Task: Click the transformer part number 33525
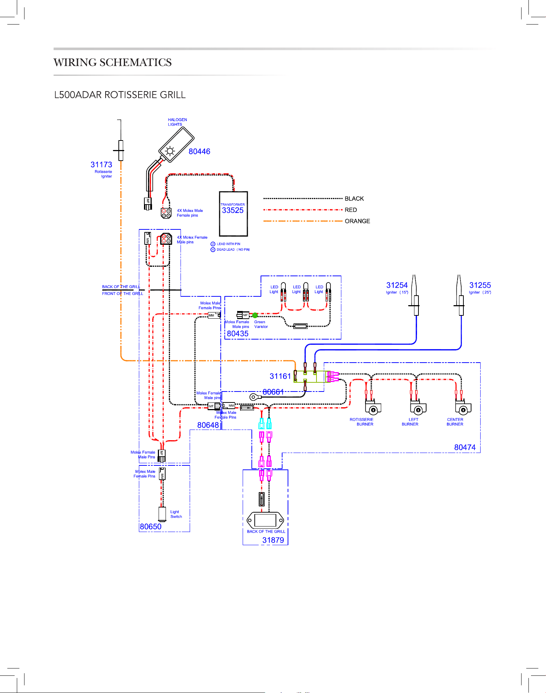[x=232, y=210]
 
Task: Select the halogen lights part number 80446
[x=199, y=151]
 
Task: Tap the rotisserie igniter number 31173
[x=101, y=165]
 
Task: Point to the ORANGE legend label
[x=357, y=221]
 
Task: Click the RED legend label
[x=351, y=210]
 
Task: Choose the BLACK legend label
[x=354, y=199]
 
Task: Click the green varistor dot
[x=255, y=315]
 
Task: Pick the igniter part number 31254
[x=397, y=285]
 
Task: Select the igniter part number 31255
[x=480, y=285]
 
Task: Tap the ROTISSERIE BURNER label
[x=361, y=422]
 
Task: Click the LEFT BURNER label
[x=410, y=422]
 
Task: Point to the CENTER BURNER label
[x=455, y=422]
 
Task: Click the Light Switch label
[x=176, y=514]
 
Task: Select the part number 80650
[x=151, y=527]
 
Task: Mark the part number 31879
[x=273, y=540]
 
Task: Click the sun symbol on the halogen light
[x=170, y=151]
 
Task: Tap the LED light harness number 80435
[x=238, y=334]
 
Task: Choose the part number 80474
[x=465, y=447]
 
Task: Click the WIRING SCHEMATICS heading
[x=113, y=63]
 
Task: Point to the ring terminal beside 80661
[x=253, y=397]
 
